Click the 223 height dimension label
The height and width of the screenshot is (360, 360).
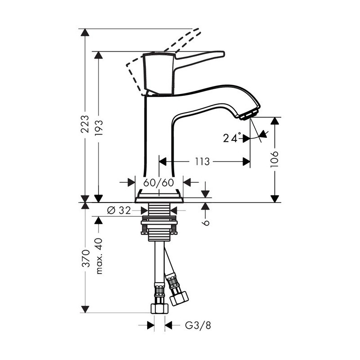point(85,124)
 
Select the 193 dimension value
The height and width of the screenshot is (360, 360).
point(99,127)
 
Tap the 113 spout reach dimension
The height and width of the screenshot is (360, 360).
point(202,162)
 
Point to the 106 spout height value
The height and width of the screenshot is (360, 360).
point(274,159)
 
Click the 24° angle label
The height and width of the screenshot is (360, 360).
point(232,138)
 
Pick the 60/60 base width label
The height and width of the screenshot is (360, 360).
point(158,183)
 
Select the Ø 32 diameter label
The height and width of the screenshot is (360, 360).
point(119,210)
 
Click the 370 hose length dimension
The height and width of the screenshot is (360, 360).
point(85,258)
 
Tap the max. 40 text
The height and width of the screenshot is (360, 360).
point(99,256)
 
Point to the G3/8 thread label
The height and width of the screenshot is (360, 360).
point(198,325)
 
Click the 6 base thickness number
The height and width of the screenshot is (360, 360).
point(207,222)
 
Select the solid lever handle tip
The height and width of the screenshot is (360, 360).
point(222,54)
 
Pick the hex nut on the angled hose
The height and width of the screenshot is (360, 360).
point(180,298)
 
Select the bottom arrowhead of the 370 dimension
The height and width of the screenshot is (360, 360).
point(85,309)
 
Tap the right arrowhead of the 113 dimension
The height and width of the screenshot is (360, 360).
point(246,162)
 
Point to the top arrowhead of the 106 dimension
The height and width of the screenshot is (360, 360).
point(274,121)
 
